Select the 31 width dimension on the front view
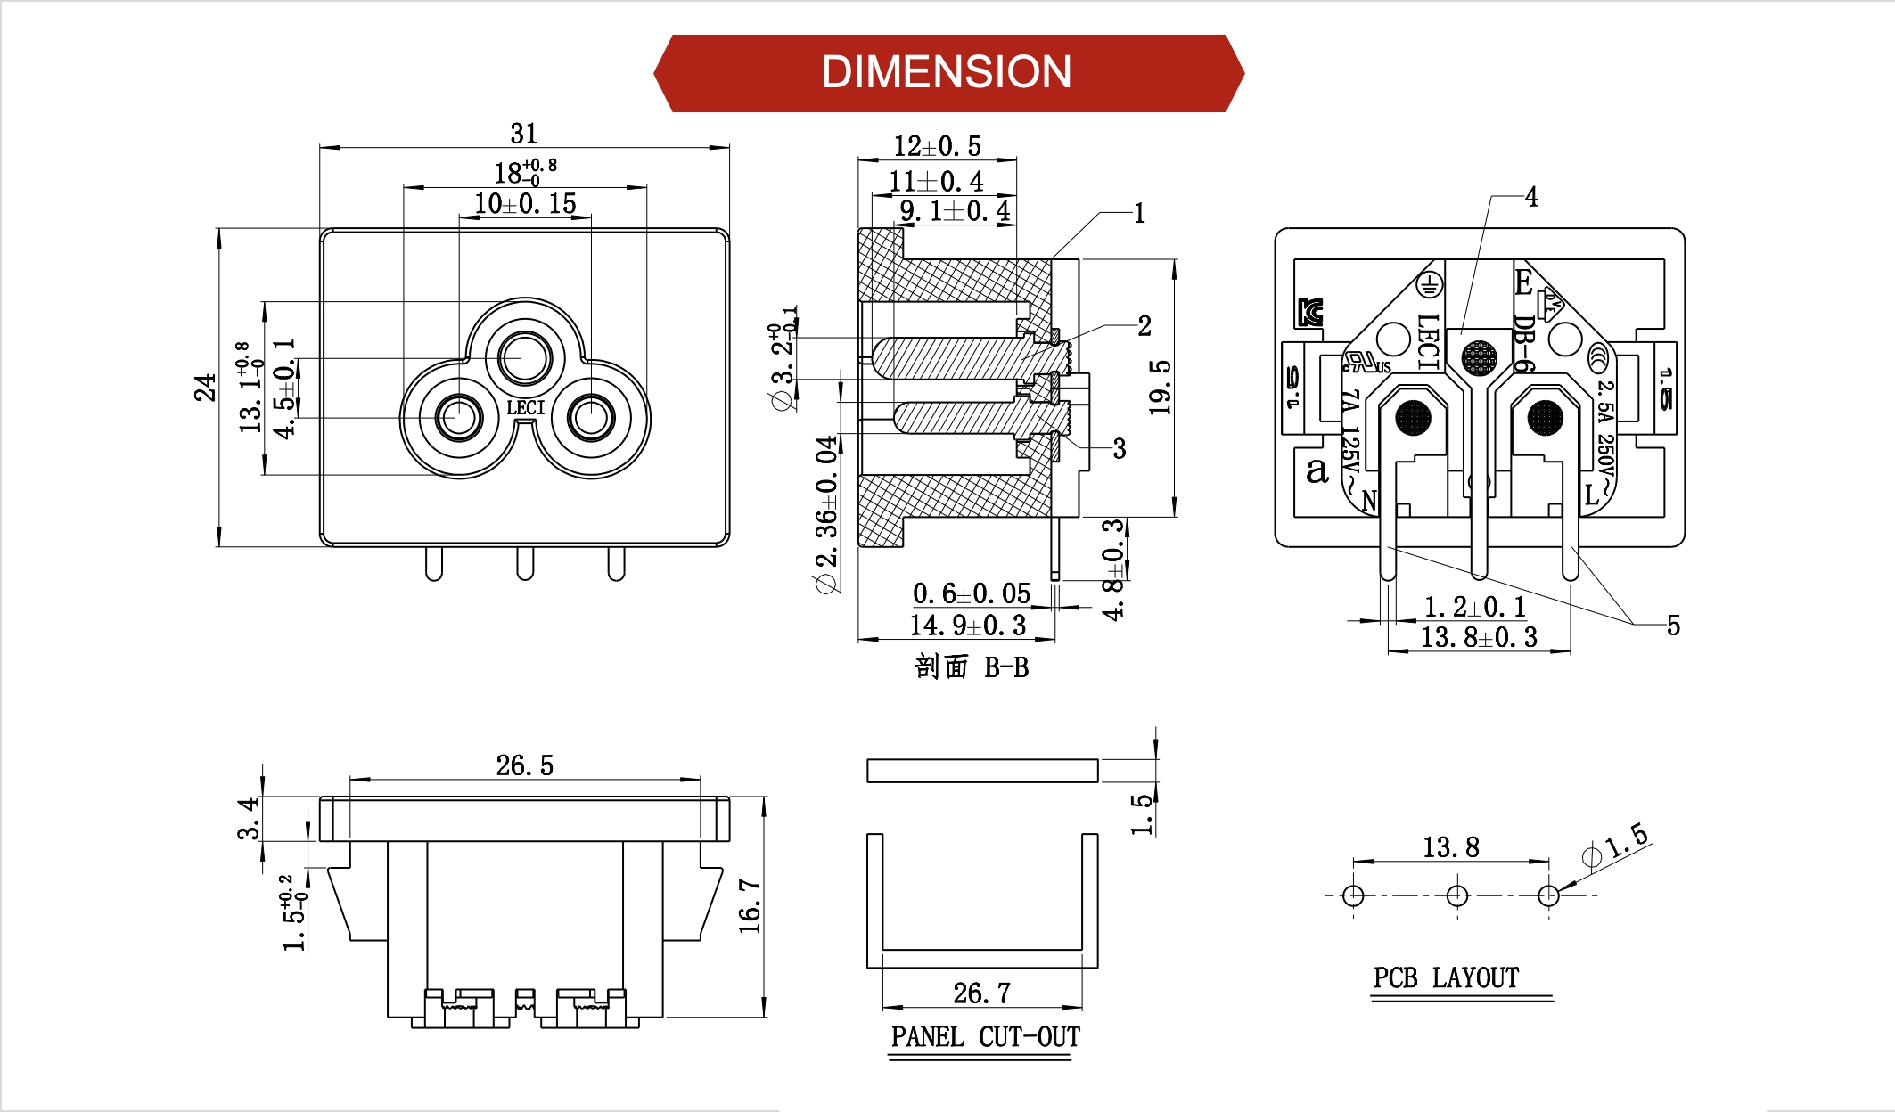point(524,134)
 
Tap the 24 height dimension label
point(206,388)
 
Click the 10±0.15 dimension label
point(525,204)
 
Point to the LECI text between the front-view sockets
point(525,408)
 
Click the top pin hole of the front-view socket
point(525,357)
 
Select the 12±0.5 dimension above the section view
point(937,146)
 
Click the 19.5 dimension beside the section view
point(1160,388)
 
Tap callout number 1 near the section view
point(1139,214)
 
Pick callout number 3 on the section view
point(1120,449)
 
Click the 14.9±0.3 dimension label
point(967,625)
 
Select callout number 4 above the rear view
point(1531,197)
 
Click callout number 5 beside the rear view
point(1673,625)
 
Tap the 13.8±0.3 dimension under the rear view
point(1479,638)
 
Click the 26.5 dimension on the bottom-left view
point(524,765)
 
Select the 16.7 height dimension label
point(750,906)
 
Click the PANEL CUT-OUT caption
point(985,1037)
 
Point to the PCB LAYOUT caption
point(1446,978)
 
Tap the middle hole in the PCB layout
point(1457,895)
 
